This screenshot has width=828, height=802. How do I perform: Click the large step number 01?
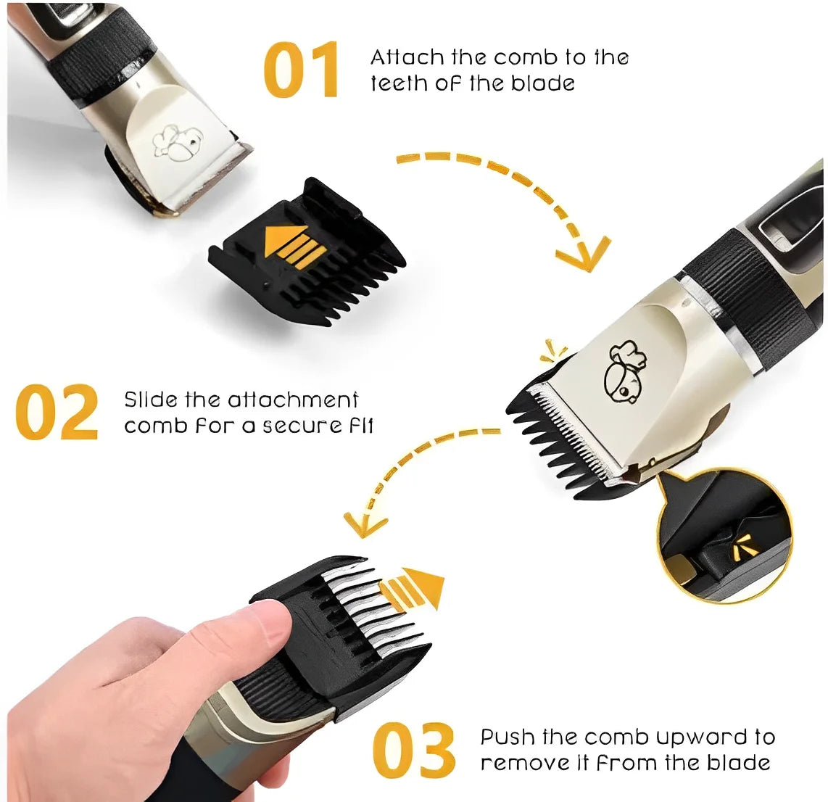tap(300, 69)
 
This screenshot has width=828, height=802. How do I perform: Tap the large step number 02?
tap(57, 412)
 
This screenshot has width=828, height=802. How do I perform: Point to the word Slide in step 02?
tap(151, 399)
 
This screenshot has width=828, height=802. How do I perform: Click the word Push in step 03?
tap(508, 737)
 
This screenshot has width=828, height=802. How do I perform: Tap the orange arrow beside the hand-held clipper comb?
tap(413, 587)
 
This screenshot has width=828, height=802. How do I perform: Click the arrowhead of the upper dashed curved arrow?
tap(582, 255)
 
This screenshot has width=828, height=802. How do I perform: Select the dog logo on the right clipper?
tap(625, 370)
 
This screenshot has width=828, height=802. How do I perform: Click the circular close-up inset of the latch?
tap(726, 536)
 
